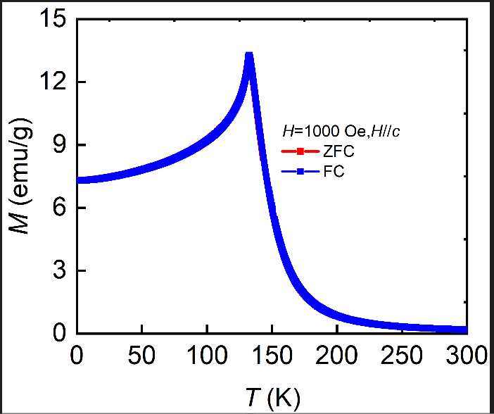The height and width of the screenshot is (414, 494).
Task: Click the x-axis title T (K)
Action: click(271, 398)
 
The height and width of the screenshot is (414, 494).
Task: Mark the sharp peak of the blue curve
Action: click(248, 56)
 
